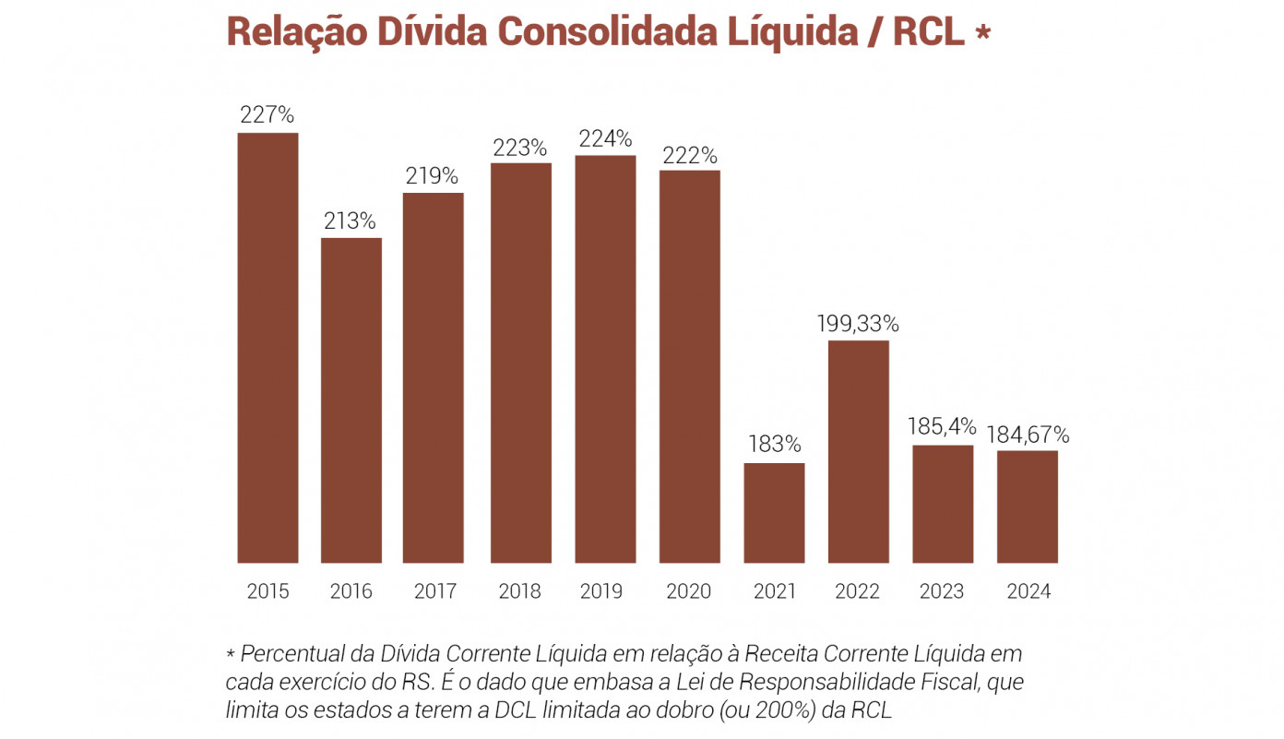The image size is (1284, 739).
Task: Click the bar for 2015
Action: point(267,348)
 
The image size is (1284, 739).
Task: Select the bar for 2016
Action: point(351,400)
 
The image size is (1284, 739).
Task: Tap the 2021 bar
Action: point(775,513)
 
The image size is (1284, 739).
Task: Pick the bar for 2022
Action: point(859,452)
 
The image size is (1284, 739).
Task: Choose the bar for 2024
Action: point(1028,507)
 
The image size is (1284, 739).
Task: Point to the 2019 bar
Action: point(605,359)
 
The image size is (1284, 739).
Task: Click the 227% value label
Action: point(267,115)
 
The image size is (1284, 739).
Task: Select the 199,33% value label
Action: point(858,324)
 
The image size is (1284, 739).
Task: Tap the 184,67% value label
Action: point(1028,435)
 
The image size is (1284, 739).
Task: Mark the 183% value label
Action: point(775,444)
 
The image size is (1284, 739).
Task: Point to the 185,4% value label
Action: point(942,426)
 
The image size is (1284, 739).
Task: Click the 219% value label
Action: point(432,175)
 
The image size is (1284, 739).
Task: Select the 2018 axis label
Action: point(520,591)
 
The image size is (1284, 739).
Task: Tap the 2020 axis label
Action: point(688,591)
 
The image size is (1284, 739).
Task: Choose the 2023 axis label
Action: point(942,591)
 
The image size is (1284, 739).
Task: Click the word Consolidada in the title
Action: point(607,31)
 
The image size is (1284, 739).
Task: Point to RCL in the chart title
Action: point(929,31)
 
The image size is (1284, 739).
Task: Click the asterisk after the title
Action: point(983,31)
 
